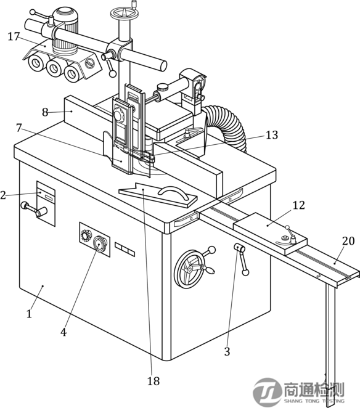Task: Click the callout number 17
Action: pyautogui.click(x=14, y=36)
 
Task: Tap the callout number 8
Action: pyautogui.click(x=45, y=112)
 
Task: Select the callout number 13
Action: pyautogui.click(x=272, y=135)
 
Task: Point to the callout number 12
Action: pyautogui.click(x=298, y=205)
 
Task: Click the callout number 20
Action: pyautogui.click(x=348, y=241)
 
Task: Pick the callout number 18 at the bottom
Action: pyautogui.click(x=153, y=381)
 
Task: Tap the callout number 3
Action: pyautogui.click(x=227, y=352)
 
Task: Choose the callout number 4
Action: pyautogui.click(x=63, y=332)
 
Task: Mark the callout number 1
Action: pyautogui.click(x=29, y=314)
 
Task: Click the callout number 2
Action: pyautogui.click(x=3, y=195)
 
